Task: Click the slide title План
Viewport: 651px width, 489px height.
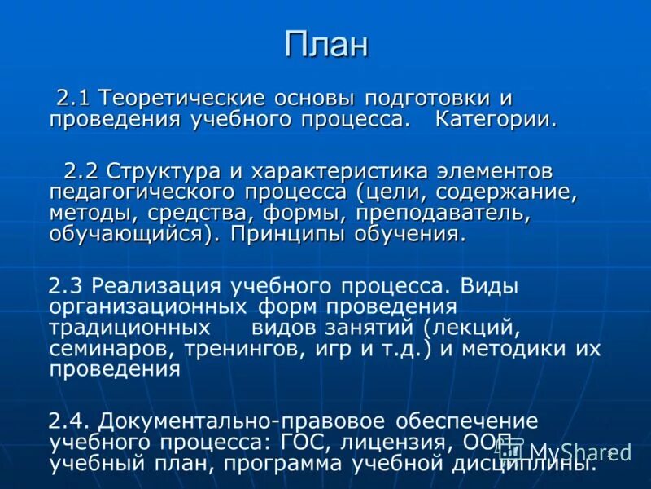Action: click(325, 45)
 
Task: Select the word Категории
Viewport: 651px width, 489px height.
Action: click(496, 120)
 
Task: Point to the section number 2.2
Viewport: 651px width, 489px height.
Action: click(81, 172)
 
